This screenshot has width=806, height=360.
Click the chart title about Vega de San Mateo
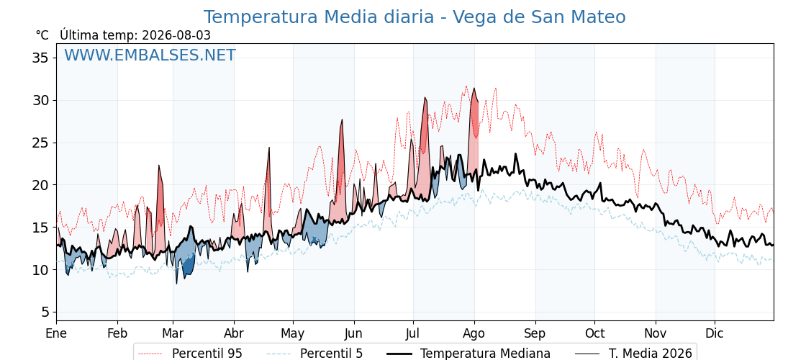coord(415,17)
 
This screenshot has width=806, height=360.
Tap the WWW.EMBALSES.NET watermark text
coord(150,55)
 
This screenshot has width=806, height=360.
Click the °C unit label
coord(42,35)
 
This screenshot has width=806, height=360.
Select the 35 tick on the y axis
coord(40,58)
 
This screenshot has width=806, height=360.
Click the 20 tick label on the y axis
coord(40,184)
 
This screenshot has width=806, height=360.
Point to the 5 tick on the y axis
coord(45,312)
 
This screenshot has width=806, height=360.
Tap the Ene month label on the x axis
coord(56,333)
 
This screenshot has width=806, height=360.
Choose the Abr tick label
coord(234,333)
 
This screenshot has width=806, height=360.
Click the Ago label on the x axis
coord(474,333)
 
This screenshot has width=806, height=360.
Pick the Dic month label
coord(715,333)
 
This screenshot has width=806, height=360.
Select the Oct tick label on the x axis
coord(594,333)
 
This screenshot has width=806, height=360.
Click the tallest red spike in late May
coord(341,120)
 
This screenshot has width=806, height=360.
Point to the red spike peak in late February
coord(159,166)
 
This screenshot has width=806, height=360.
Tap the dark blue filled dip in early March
coord(189,267)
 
